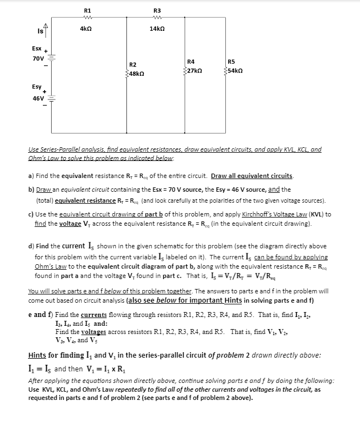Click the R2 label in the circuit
[133, 64]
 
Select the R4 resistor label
[191, 62]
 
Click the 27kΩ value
[193, 70]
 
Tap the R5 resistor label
[230, 62]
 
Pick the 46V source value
[38, 98]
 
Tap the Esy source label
[37, 87]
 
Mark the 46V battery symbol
[51, 99]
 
